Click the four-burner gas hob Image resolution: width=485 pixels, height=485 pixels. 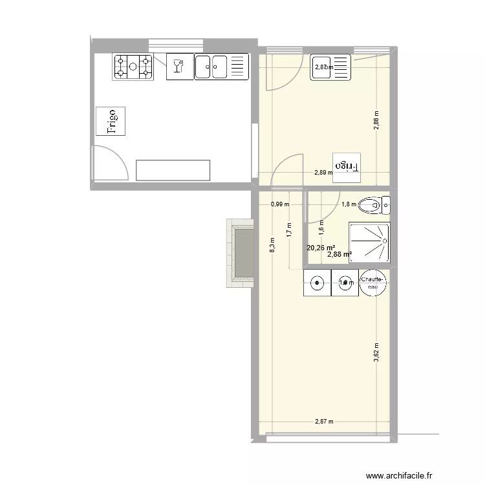[133, 68]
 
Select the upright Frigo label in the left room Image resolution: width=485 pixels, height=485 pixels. [111, 121]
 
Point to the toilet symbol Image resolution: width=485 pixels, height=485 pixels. [374, 206]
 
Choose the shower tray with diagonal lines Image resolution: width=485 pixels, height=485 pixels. [369, 241]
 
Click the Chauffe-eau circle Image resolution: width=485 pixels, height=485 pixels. [373, 283]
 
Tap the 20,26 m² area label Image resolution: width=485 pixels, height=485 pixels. [320, 247]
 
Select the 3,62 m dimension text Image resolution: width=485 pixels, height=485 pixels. [376, 354]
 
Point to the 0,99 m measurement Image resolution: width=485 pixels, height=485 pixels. [279, 204]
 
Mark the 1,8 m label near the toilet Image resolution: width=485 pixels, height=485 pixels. [349, 204]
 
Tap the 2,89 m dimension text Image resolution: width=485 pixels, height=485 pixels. [323, 173]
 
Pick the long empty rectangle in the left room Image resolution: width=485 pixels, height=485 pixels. [173, 170]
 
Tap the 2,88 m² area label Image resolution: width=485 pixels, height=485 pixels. [339, 254]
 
